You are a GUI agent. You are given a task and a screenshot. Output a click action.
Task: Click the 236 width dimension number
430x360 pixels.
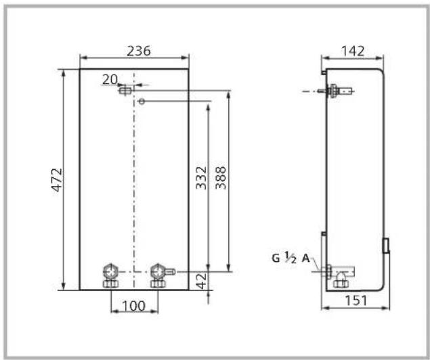[x=139, y=51]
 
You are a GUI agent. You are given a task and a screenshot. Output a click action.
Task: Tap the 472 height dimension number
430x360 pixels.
[x=58, y=180]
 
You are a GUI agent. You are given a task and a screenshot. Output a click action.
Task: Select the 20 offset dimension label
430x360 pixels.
[x=110, y=79]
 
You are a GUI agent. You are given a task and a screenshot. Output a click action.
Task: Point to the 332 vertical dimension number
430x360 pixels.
[x=201, y=178]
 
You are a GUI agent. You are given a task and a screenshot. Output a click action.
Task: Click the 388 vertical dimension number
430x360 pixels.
[x=221, y=178]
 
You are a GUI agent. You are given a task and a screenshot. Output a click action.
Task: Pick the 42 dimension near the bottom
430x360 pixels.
[x=202, y=281]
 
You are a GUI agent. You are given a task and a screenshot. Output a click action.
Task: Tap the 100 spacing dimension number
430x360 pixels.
[x=133, y=306]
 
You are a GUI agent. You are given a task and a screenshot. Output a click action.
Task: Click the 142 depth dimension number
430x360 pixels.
[x=353, y=51]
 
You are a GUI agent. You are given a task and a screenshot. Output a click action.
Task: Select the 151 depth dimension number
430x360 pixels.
[x=356, y=300]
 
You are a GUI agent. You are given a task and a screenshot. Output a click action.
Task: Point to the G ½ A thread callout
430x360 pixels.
[x=291, y=258]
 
